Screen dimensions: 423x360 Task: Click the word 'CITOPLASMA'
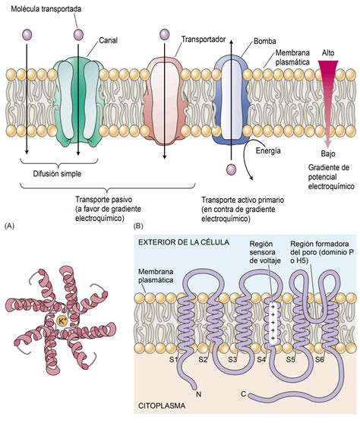tap(164, 415)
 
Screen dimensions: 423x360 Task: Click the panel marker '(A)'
tap(10, 226)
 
